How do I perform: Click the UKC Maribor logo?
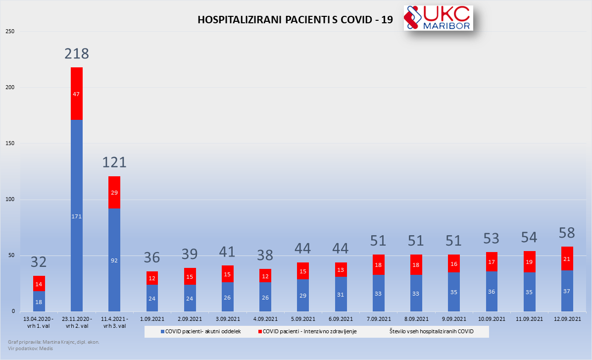(x=438, y=18)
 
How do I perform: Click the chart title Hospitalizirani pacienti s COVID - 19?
(x=295, y=20)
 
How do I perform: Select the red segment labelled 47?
(x=77, y=94)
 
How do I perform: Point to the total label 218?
(x=77, y=53)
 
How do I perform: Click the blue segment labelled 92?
(x=114, y=260)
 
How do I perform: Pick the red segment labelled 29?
(x=114, y=192)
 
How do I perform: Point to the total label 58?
(x=567, y=232)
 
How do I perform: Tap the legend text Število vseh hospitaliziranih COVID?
(x=431, y=331)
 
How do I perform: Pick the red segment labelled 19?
(x=530, y=261)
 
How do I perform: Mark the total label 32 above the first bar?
(x=39, y=261)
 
